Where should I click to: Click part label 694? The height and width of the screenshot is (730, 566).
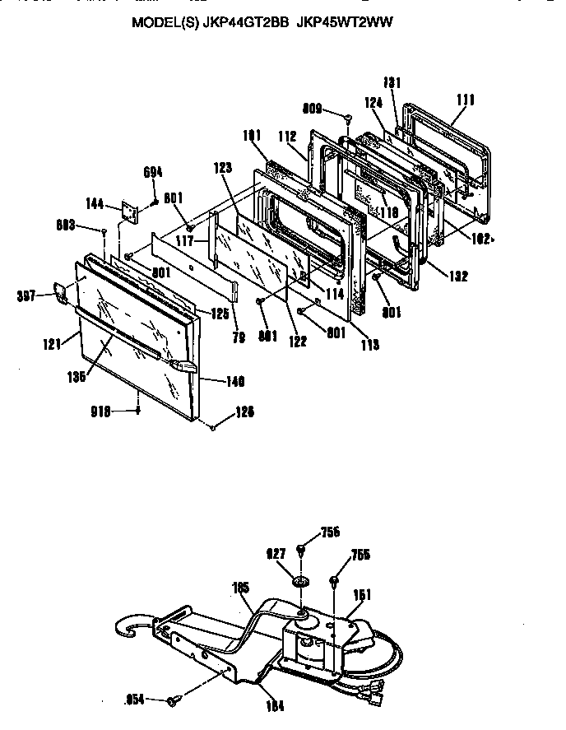tap(154, 172)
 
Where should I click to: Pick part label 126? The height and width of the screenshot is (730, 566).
tap(245, 411)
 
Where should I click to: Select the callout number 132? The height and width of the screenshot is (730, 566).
tap(458, 277)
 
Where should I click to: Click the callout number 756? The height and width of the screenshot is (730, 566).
tap(329, 532)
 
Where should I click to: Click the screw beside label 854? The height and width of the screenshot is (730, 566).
tap(174, 700)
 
